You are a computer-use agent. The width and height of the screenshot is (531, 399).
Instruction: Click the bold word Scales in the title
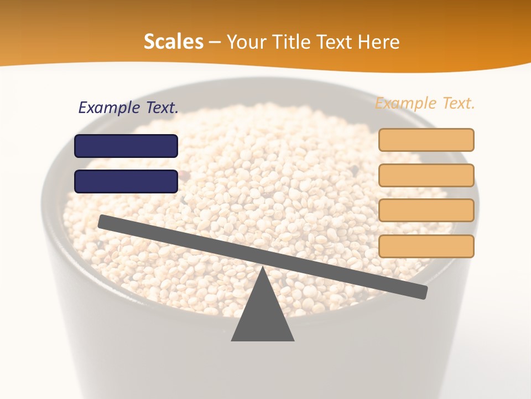tap(173, 42)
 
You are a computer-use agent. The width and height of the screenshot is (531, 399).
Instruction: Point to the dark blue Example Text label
tap(128, 108)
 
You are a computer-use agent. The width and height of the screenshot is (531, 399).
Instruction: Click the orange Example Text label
tap(425, 103)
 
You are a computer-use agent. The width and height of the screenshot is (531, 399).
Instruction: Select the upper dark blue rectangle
tap(126, 146)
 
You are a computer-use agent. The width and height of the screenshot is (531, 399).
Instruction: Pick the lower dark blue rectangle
tap(126, 181)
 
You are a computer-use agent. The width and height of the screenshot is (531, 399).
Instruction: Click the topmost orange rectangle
tap(426, 140)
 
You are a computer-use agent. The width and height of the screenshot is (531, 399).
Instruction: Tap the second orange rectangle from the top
tap(426, 175)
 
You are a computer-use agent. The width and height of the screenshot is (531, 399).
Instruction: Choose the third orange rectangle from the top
tap(426, 211)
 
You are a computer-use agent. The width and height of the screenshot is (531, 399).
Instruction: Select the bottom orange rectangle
tap(426, 246)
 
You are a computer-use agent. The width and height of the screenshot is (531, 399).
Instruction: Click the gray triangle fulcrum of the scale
tap(262, 316)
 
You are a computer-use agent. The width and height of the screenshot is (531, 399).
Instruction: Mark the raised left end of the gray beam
tap(103, 221)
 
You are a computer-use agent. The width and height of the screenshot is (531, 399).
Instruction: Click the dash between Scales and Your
tap(215, 43)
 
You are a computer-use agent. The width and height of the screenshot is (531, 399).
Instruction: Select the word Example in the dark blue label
tap(109, 108)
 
